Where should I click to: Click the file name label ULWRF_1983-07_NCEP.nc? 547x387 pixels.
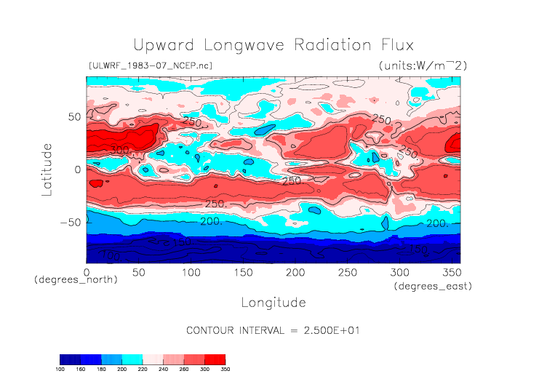pos(150,65)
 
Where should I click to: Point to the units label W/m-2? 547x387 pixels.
pos(423,65)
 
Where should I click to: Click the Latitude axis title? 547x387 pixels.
pos(47,169)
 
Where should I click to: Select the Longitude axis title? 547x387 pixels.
pos(273,302)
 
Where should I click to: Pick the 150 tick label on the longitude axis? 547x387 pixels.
pos(242,272)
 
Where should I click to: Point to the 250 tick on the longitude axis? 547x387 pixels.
pos(346,272)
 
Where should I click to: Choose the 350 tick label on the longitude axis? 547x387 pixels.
pos(450,272)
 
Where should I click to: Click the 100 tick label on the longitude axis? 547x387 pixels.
pos(191,272)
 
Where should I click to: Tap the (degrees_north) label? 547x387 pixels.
pos(76,279)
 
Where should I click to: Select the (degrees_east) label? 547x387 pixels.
pos(434,287)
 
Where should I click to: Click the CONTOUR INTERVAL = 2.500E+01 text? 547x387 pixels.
pos(273,330)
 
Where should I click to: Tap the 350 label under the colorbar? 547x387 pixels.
pos(225,370)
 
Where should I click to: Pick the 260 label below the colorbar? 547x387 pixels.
pos(184,370)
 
